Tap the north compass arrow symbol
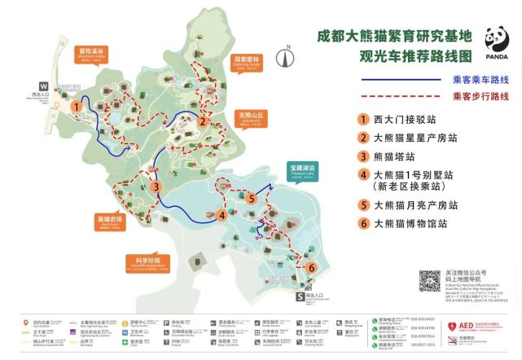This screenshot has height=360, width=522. pos(285,57)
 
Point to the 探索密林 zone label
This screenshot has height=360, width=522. pos(247,61)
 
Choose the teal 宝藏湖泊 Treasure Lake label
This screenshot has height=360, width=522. pos(301,168)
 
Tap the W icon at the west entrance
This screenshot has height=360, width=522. pos(43,85)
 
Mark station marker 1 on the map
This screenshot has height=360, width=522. pos(75,105)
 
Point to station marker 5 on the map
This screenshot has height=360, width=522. pos(252,198)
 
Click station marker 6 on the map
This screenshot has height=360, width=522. pos(310,266)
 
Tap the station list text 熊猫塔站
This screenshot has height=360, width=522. pos(394,156)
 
